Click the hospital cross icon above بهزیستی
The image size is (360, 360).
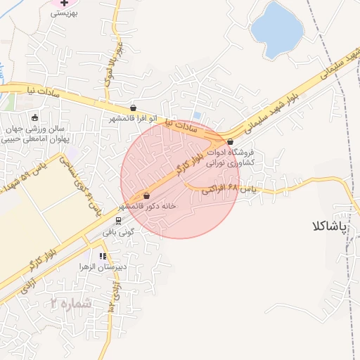click(x=63, y=3)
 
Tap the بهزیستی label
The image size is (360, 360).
click(x=65, y=13)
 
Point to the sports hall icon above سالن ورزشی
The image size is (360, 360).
click(x=35, y=117)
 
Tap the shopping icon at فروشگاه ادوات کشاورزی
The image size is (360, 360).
click(x=230, y=141)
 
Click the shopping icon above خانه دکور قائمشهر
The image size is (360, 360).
click(x=146, y=195)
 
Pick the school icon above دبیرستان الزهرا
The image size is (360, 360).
click(x=103, y=256)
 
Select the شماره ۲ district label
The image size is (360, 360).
click(x=70, y=303)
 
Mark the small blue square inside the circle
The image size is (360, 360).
click(x=196, y=115)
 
